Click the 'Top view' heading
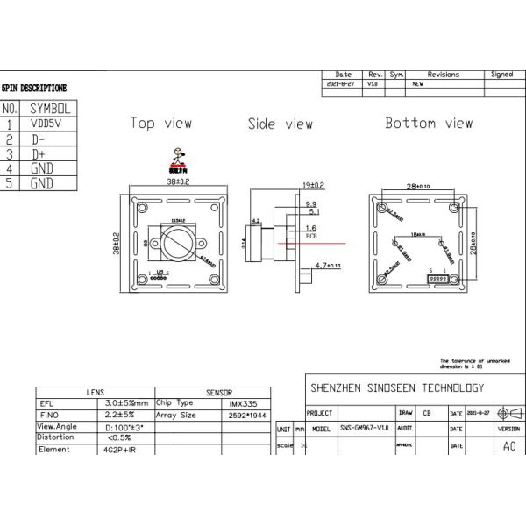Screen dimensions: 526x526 point(161,123)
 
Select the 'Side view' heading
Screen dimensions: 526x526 point(280,124)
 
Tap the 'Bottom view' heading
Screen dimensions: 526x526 point(429,123)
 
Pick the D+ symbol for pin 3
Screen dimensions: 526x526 point(39,153)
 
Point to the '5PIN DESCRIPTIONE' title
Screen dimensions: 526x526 point(34,89)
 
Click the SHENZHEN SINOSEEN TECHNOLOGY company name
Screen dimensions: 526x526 point(397,387)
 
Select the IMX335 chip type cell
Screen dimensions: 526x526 point(237,403)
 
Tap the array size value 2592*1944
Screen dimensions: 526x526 point(243,415)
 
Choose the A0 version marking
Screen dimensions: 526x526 point(509,445)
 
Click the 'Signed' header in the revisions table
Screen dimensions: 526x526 point(502,75)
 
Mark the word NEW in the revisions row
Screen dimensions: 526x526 point(418,84)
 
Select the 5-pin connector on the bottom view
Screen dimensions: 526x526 point(437,278)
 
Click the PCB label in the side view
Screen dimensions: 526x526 point(310,236)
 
